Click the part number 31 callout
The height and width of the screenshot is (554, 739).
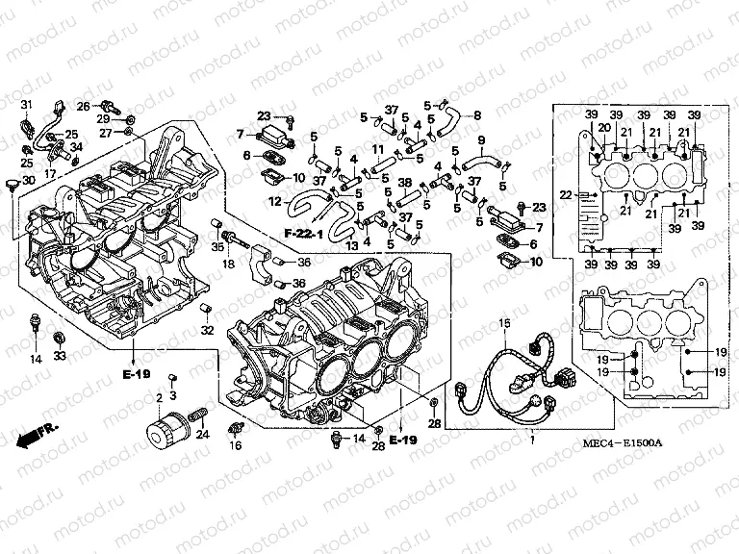[27, 104]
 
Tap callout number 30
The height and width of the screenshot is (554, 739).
[28, 181]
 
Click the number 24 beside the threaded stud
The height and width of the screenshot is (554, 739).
[201, 435]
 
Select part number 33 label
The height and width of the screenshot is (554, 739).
[60, 356]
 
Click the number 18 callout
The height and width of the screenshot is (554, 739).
[229, 264]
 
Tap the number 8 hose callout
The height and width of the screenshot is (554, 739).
[475, 115]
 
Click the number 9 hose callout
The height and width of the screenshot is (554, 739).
[480, 140]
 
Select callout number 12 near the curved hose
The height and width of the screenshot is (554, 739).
[273, 201]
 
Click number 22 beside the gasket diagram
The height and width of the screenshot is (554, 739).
[566, 196]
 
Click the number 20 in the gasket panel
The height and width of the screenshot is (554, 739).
[604, 128]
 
